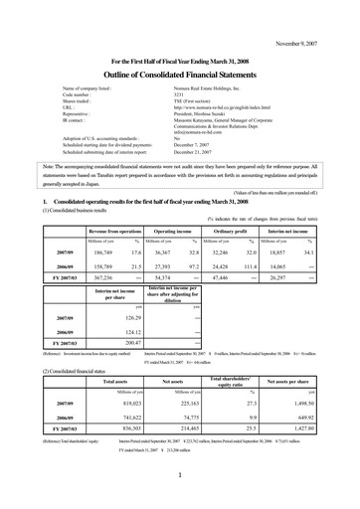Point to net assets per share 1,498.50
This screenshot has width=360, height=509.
[x=311, y=404]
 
